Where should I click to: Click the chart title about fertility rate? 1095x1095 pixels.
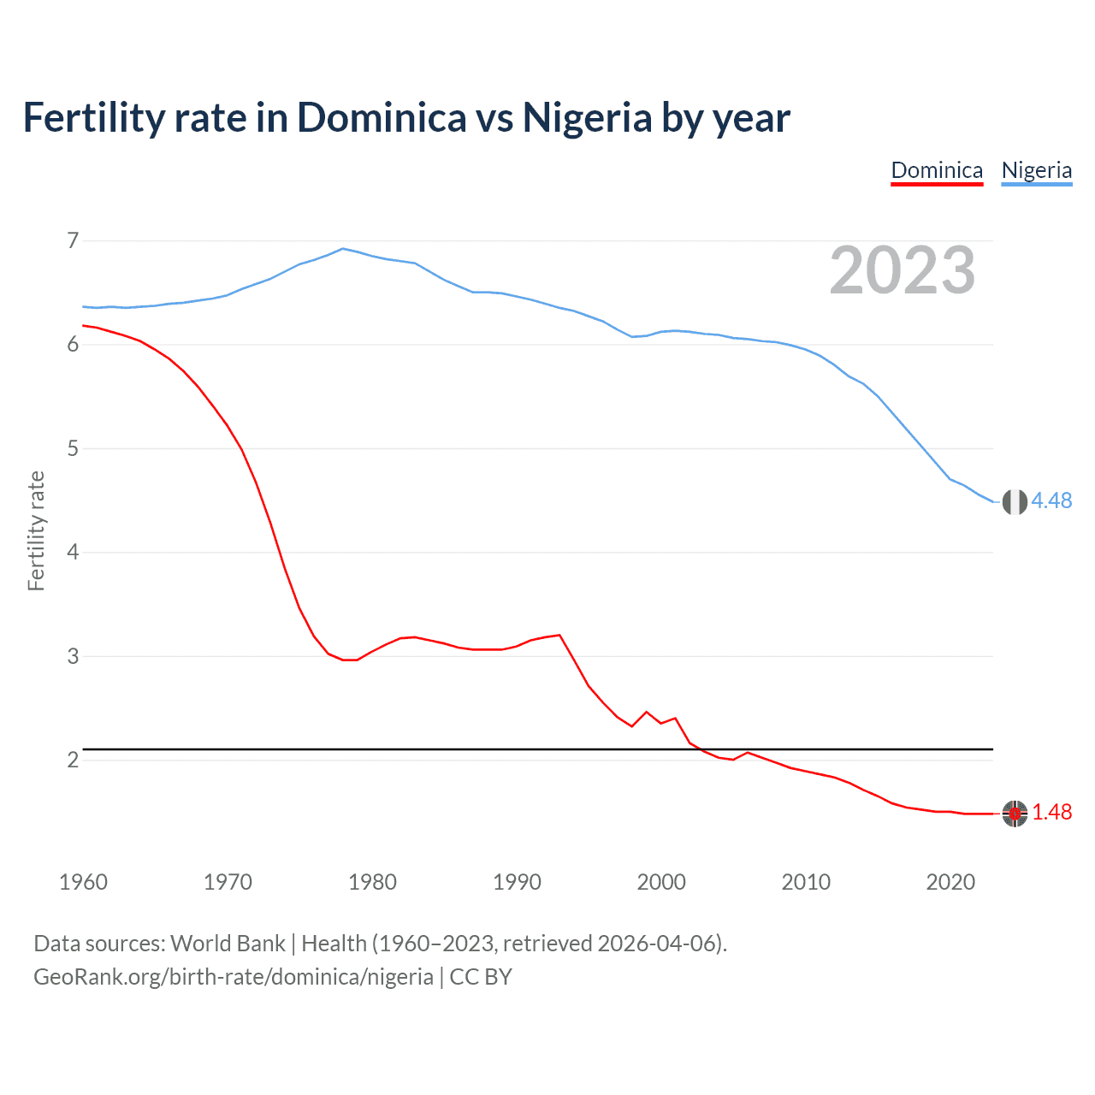click(x=406, y=118)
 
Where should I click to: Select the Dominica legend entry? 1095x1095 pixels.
click(x=937, y=170)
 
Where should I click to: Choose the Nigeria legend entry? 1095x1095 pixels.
click(x=1036, y=170)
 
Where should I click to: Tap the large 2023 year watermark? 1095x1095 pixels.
click(x=902, y=270)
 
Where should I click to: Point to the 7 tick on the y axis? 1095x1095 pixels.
click(x=73, y=240)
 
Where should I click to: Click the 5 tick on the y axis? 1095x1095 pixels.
click(x=73, y=448)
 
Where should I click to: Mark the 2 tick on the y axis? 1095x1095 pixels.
click(x=73, y=760)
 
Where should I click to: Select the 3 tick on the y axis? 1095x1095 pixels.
click(x=73, y=656)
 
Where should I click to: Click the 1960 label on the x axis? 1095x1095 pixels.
click(x=83, y=882)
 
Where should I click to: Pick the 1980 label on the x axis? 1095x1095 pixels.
click(x=372, y=882)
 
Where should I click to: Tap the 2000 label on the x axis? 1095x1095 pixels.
click(x=661, y=882)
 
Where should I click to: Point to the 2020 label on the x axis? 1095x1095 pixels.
click(x=950, y=882)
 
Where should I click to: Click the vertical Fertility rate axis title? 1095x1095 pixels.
click(x=36, y=530)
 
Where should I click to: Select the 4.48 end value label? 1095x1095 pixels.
click(x=1051, y=501)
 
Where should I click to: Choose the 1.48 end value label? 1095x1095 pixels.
click(x=1051, y=813)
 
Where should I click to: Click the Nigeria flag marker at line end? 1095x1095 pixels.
click(x=1015, y=502)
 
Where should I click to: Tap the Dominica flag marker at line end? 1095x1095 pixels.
click(x=1015, y=814)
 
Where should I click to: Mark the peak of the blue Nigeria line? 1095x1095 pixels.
click(x=343, y=249)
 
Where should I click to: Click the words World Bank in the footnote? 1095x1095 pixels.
click(x=228, y=944)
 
